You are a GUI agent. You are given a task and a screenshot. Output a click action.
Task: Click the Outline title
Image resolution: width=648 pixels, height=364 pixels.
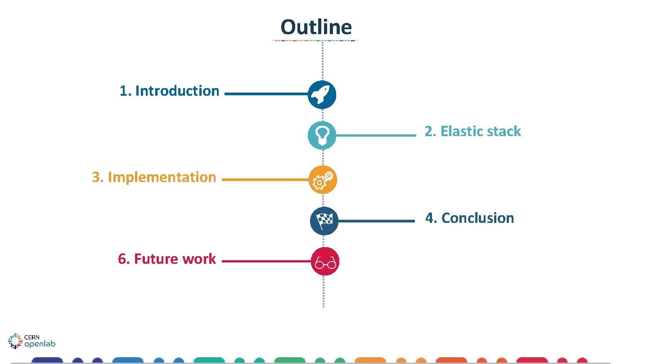(x=316, y=27)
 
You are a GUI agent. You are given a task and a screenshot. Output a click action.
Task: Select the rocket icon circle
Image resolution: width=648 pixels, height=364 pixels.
(x=322, y=95)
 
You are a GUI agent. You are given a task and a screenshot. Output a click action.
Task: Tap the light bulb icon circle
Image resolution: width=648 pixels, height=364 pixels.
(x=322, y=135)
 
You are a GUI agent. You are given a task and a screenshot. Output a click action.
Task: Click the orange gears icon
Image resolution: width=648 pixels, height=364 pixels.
(x=323, y=179)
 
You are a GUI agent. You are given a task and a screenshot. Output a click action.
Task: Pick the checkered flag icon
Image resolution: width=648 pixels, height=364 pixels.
(x=324, y=221)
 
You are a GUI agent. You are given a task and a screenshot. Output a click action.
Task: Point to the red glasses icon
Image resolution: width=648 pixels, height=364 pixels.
(x=325, y=261)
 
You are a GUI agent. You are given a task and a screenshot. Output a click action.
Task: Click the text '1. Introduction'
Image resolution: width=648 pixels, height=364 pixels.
(x=169, y=91)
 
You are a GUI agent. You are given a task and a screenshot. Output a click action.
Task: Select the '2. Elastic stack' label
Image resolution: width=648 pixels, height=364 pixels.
(x=472, y=131)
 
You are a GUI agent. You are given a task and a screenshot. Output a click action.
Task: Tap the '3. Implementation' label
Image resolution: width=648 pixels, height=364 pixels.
(x=154, y=177)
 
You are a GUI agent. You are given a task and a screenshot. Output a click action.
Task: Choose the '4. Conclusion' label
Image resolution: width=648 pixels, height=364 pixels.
(x=470, y=218)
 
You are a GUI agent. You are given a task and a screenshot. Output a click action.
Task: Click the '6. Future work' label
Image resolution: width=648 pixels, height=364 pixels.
(x=167, y=259)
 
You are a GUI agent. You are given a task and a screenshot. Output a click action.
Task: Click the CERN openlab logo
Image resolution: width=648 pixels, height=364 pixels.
(x=31, y=341)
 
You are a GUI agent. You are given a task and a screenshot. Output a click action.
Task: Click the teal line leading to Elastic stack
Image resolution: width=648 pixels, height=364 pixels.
(x=375, y=135)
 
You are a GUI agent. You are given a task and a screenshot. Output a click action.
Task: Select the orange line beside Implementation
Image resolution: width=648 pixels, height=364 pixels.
(x=265, y=179)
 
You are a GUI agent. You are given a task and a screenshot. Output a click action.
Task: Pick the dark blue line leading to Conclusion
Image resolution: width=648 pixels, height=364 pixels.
(x=376, y=221)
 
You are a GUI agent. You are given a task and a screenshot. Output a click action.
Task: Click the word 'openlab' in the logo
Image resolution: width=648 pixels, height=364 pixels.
(x=40, y=344)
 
